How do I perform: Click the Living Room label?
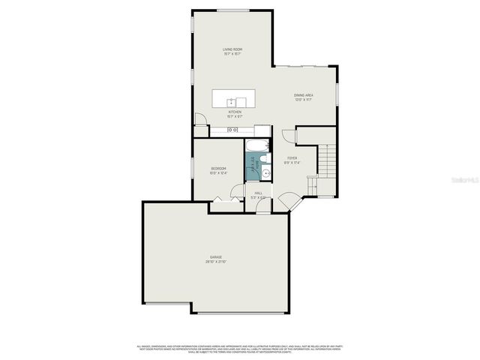click(x=232, y=49)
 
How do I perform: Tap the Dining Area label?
click(x=303, y=95)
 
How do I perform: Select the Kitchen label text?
click(x=235, y=112)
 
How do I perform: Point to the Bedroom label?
click(x=218, y=168)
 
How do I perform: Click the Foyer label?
click(x=292, y=158)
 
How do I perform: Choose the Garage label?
click(x=216, y=256)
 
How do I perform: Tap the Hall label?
click(x=258, y=193)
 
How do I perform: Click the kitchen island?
click(x=233, y=99)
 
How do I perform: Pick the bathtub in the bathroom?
click(x=257, y=145)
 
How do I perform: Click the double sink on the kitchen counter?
click(x=232, y=130)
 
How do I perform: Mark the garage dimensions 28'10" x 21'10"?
click(x=216, y=262)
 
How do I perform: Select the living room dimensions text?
click(x=232, y=55)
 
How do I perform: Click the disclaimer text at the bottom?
click(x=238, y=349)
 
